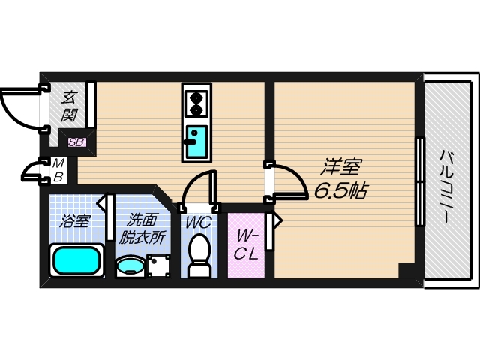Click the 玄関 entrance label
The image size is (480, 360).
(x=68, y=106)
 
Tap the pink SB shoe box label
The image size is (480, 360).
(x=76, y=142)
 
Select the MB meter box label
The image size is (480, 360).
(x=58, y=170)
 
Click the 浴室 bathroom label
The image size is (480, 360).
(x=75, y=221)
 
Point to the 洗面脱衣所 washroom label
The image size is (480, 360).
(x=142, y=229)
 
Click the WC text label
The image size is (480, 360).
(x=199, y=222)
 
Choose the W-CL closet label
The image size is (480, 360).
(x=246, y=245)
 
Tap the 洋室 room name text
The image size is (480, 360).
(x=340, y=166)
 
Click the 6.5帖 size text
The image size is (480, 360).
(x=340, y=190)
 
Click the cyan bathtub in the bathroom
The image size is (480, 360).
(x=76, y=261)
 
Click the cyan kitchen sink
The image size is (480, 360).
(x=196, y=142)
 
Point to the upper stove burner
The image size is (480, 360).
(x=195, y=98)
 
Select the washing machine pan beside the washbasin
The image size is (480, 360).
(x=158, y=265)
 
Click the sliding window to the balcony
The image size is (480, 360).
(x=421, y=182)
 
